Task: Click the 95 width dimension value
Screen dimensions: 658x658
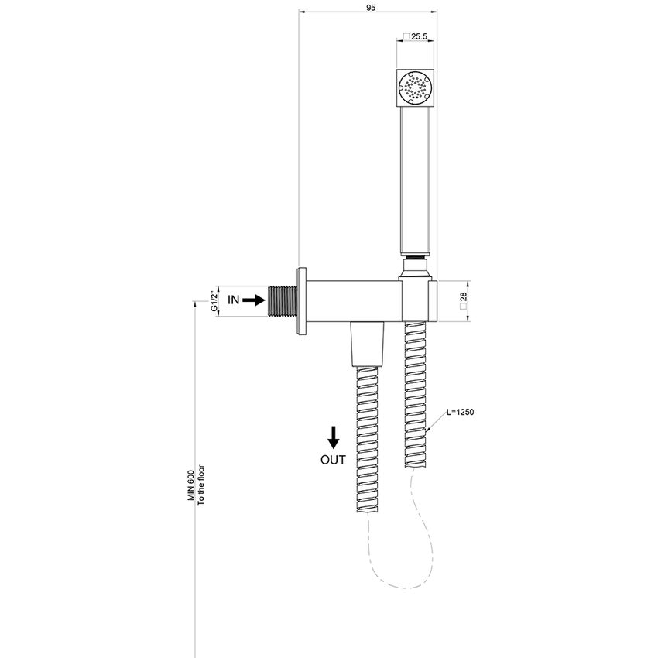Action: tap(371, 7)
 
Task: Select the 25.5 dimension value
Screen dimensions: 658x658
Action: tap(419, 37)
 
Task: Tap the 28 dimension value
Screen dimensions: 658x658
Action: tap(463, 296)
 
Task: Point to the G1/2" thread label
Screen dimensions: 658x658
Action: tap(213, 300)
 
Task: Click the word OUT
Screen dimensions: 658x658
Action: tap(333, 459)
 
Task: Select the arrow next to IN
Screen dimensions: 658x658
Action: tap(255, 299)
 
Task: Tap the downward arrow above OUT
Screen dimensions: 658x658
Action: tap(333, 438)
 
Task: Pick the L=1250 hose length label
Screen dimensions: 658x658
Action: tap(459, 413)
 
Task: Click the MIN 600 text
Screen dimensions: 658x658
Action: tap(190, 484)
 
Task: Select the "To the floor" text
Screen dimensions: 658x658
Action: tap(200, 484)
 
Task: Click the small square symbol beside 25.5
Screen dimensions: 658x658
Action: tap(405, 37)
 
